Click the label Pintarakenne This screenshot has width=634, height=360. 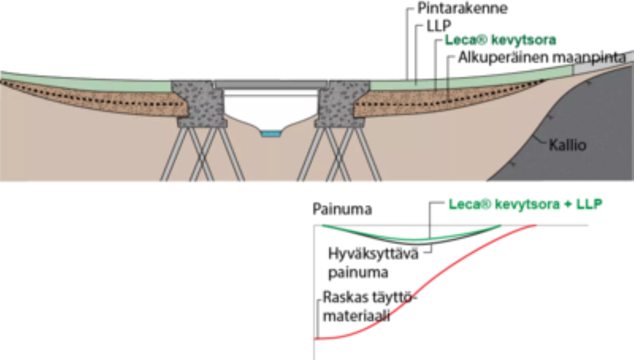coord(462,8)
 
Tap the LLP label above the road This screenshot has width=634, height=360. coord(439,26)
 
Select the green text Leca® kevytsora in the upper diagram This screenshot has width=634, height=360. coord(500,40)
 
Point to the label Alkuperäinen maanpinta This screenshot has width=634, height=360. coord(542,57)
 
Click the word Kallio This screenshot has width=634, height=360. coord(567,145)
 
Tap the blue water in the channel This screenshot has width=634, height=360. coord(271,133)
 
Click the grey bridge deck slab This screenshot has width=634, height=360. coord(271,85)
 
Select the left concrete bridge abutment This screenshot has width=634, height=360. coord(200,103)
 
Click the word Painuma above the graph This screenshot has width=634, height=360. coord(342,210)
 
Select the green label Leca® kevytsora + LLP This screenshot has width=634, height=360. coord(525,204)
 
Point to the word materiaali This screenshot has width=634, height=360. coord(356,316)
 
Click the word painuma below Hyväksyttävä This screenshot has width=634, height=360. coord(358,273)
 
